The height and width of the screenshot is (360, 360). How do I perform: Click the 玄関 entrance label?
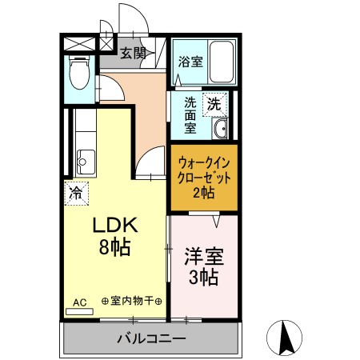[x=133, y=54]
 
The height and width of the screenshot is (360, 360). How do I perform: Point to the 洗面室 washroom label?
[x=190, y=114]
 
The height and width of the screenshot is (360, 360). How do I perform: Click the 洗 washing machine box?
[x=214, y=103]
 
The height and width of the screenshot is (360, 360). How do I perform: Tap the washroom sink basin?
[x=220, y=127]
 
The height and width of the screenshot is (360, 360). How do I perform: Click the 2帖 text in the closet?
[x=203, y=192]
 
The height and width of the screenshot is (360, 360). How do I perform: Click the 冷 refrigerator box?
[x=76, y=193]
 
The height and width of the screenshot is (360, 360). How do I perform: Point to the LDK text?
[x=111, y=226]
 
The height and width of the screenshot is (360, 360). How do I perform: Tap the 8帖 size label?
[x=111, y=247]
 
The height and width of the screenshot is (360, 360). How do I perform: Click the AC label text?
[x=79, y=302]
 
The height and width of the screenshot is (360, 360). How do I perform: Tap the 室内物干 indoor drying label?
[x=132, y=302]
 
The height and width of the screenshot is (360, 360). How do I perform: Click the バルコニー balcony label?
[x=151, y=338]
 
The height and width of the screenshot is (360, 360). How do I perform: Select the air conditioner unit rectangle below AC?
[x=79, y=311]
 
